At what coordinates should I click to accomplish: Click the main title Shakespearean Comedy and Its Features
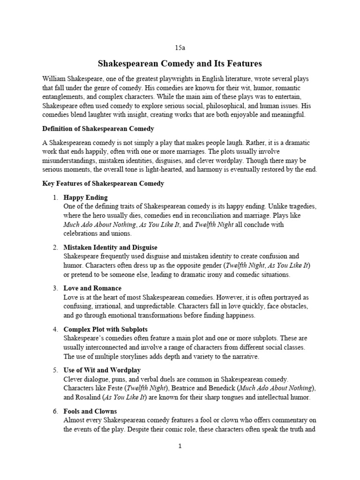coord(180,63)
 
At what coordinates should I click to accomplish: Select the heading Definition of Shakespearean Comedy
coord(98,128)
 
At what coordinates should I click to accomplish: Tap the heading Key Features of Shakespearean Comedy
coord(103,183)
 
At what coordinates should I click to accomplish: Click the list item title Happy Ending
coord(85,197)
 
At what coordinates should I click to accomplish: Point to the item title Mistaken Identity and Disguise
coord(110,247)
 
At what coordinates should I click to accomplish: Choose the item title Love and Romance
coord(92,288)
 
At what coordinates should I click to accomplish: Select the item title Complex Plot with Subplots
coord(105,330)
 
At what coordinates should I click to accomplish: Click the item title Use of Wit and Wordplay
coord(102,370)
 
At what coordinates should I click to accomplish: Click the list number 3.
coord(55,288)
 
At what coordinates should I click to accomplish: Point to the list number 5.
coord(55,370)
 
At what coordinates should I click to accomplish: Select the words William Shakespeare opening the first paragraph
coord(69,79)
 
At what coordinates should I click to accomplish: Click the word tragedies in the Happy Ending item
coord(302,206)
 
